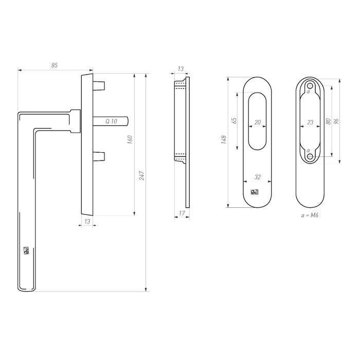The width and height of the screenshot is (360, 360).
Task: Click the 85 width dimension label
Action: click(x=55, y=65)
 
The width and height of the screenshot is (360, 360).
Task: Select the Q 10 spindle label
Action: click(x=111, y=121)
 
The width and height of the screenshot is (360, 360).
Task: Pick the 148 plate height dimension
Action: click(x=224, y=140)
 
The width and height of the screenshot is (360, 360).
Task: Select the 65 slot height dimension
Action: click(x=235, y=121)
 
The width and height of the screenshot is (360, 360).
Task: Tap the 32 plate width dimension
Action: click(x=258, y=177)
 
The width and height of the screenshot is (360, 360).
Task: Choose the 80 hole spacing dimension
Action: click(x=328, y=122)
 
